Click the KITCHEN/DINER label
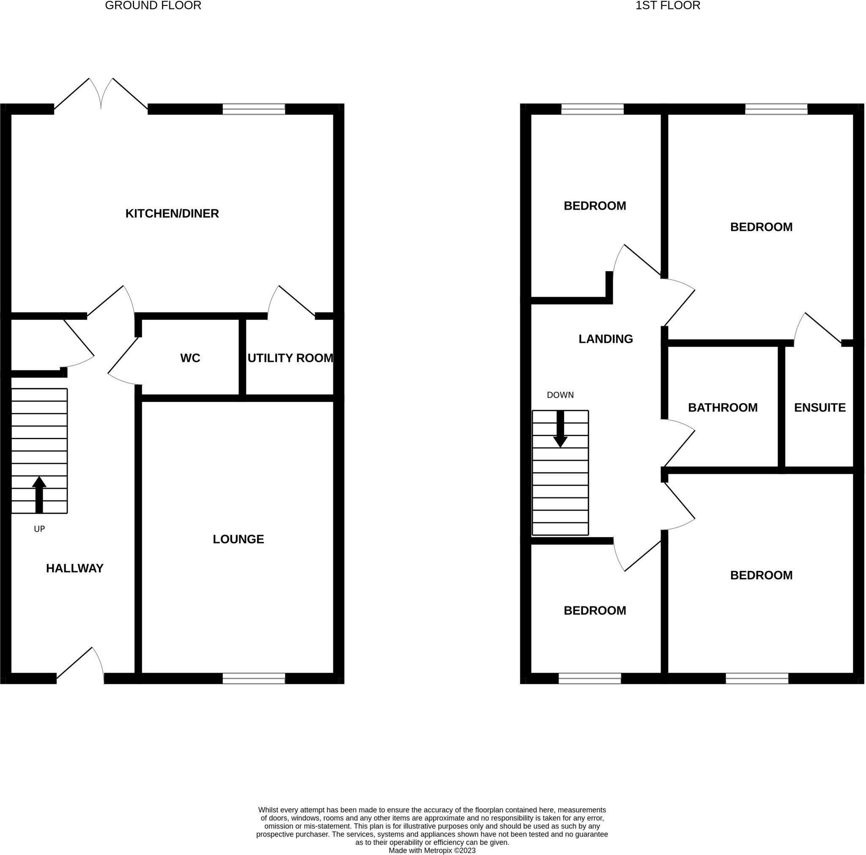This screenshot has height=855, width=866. [172, 213]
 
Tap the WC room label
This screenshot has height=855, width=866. [190, 358]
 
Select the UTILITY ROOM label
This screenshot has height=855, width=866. [290, 358]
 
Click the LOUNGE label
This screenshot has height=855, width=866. [238, 539]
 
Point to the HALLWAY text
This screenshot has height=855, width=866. [75, 568]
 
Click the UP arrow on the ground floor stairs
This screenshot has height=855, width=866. [39, 494]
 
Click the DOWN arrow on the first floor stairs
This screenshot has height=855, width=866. [560, 429]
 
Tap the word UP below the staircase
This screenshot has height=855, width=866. [39, 529]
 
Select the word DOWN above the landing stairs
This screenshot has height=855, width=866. [560, 395]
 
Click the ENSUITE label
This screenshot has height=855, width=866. [819, 407]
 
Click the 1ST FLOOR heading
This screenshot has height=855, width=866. [667, 5]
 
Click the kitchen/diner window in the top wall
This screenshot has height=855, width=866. [254, 109]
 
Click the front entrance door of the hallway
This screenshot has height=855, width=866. [81, 668]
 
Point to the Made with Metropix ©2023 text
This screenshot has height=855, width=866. [432, 850]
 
